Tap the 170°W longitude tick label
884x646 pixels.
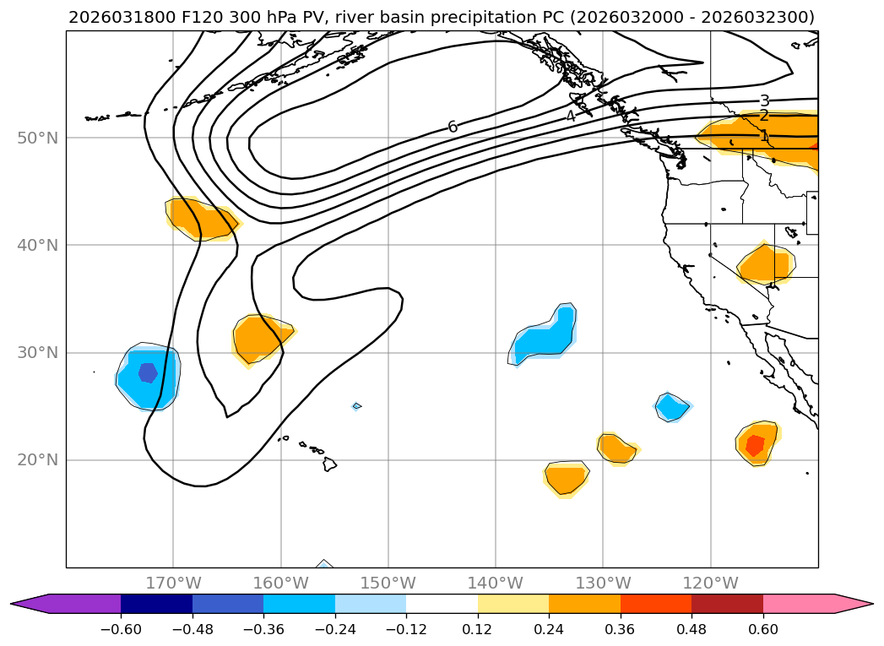coord(173,583)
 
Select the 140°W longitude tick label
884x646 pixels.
coord(496,583)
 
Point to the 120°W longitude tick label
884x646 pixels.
coord(710,583)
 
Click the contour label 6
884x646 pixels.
coord(453,127)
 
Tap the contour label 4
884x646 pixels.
coord(571,117)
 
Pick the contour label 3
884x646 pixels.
coord(764,101)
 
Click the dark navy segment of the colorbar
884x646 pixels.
coord(156,604)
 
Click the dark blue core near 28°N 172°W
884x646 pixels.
coord(148,372)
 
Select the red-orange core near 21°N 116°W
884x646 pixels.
coord(755,445)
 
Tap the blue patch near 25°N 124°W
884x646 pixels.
coord(672,407)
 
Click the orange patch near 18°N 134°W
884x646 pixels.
coord(566,478)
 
